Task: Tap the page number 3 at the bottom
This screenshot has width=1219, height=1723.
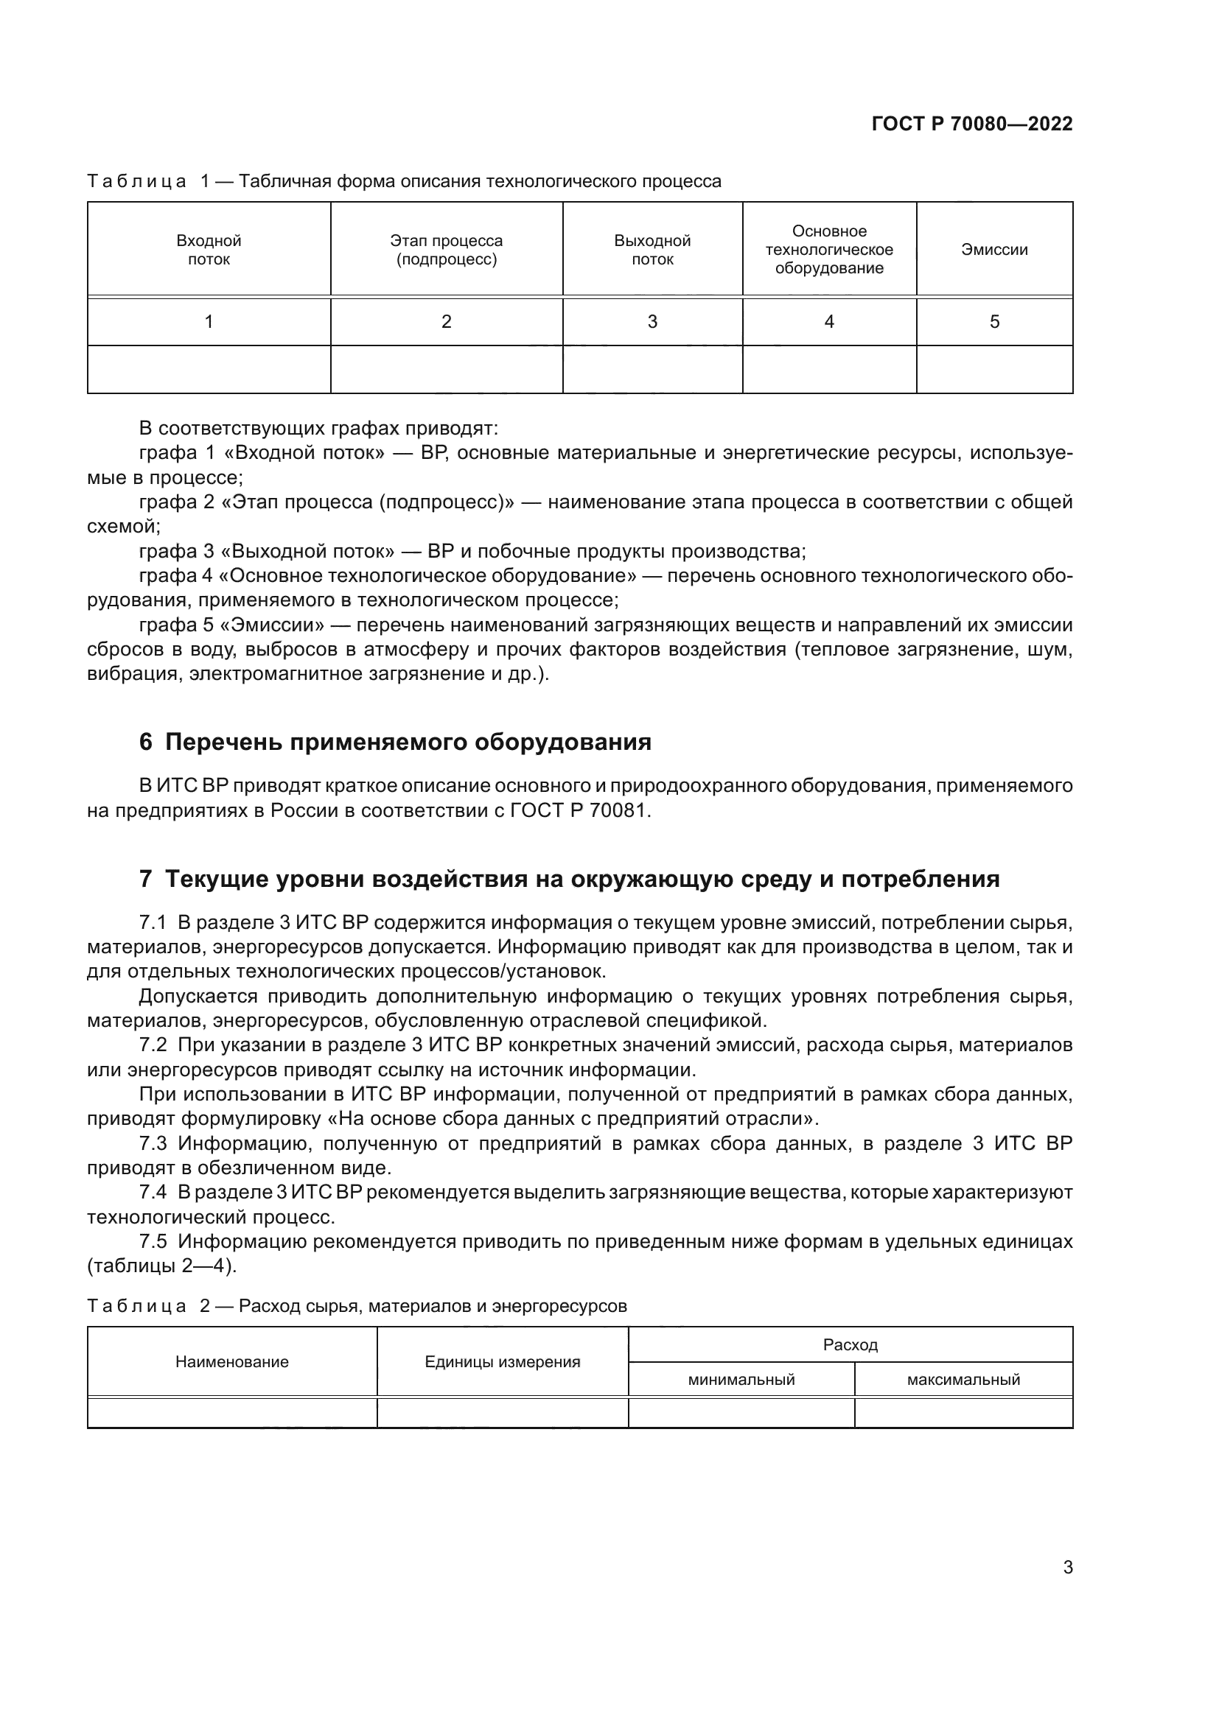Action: (x=1067, y=1568)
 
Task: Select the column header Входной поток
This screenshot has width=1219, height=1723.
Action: (x=209, y=250)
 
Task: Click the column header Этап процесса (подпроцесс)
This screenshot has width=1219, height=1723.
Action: (x=446, y=250)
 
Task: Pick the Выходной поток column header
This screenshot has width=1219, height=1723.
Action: (x=652, y=250)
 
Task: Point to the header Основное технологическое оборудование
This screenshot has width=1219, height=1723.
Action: (x=828, y=250)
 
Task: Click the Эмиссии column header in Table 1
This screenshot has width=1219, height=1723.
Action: (x=993, y=250)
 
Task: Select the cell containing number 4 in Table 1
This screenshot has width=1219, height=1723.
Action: (x=828, y=322)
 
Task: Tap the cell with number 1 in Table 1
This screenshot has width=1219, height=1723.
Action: (x=209, y=322)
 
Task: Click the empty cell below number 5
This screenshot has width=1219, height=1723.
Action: (x=993, y=369)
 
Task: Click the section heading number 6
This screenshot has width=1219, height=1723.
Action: (x=146, y=743)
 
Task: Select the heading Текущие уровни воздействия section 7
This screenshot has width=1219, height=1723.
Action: (x=581, y=879)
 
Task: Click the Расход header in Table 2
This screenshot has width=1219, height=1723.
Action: (x=850, y=1345)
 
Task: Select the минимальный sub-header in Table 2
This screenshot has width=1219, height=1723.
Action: (x=741, y=1379)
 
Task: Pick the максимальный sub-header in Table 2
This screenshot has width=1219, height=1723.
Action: (x=963, y=1379)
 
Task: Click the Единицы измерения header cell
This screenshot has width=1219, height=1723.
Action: (x=502, y=1362)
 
